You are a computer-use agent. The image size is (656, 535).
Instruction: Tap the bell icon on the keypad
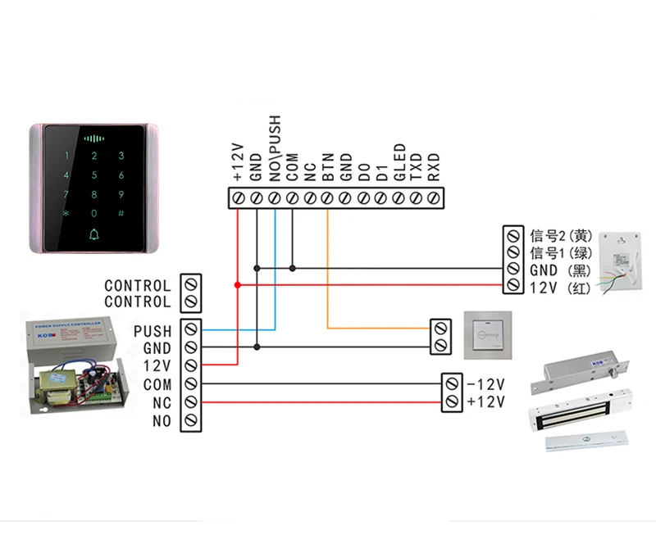pos(94,234)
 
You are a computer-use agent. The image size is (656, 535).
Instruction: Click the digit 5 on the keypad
pos(94,175)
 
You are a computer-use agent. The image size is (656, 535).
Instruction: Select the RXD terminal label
pos(434,167)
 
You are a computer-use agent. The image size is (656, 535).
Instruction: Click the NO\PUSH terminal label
pos(275,148)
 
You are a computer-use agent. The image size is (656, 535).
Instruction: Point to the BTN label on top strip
pos(329,167)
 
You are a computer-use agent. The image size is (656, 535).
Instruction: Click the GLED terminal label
pos(399,162)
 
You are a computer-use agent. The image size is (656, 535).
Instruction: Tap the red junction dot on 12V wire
pos(238,285)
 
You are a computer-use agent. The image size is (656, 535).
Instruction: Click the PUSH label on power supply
pos(153,331)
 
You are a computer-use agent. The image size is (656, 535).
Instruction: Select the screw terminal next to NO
pos(191,420)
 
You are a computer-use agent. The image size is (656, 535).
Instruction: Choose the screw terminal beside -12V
pos(452,383)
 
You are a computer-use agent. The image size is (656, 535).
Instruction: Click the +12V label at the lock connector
pos(486,402)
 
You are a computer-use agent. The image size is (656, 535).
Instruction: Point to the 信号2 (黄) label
pos(561,236)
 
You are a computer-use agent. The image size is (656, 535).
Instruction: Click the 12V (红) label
pos(560,288)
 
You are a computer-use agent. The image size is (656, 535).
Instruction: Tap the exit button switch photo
pos(488,335)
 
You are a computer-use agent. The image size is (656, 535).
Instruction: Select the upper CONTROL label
pos(138,286)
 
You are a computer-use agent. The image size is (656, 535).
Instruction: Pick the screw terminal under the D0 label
pos(363,197)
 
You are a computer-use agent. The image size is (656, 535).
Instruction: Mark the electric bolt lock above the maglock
pos(580,372)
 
